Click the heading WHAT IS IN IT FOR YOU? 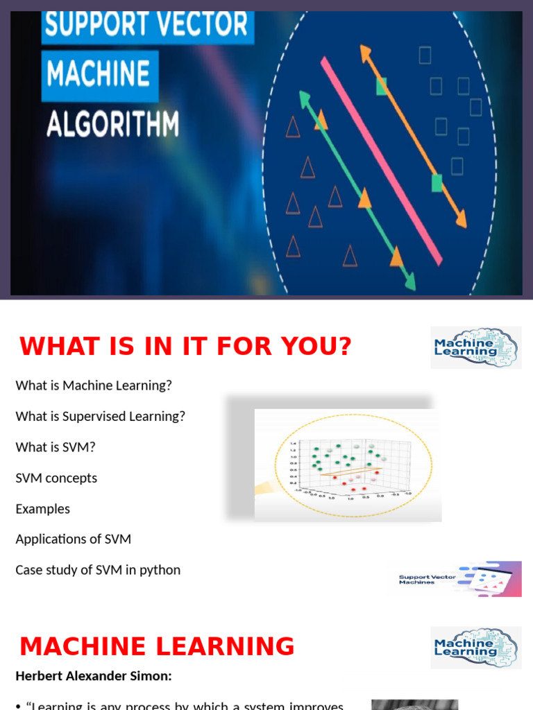tap(185, 346)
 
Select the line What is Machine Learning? tap(93, 386)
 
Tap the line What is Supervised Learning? tap(100, 416)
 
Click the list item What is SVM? tap(56, 447)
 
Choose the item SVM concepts tap(56, 478)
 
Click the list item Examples tap(43, 509)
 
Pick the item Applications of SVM tap(73, 539)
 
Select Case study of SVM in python tap(98, 570)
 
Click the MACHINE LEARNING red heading tap(157, 646)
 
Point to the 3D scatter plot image tap(347, 465)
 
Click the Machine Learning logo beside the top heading tap(475, 347)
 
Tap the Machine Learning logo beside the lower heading tap(475, 648)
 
